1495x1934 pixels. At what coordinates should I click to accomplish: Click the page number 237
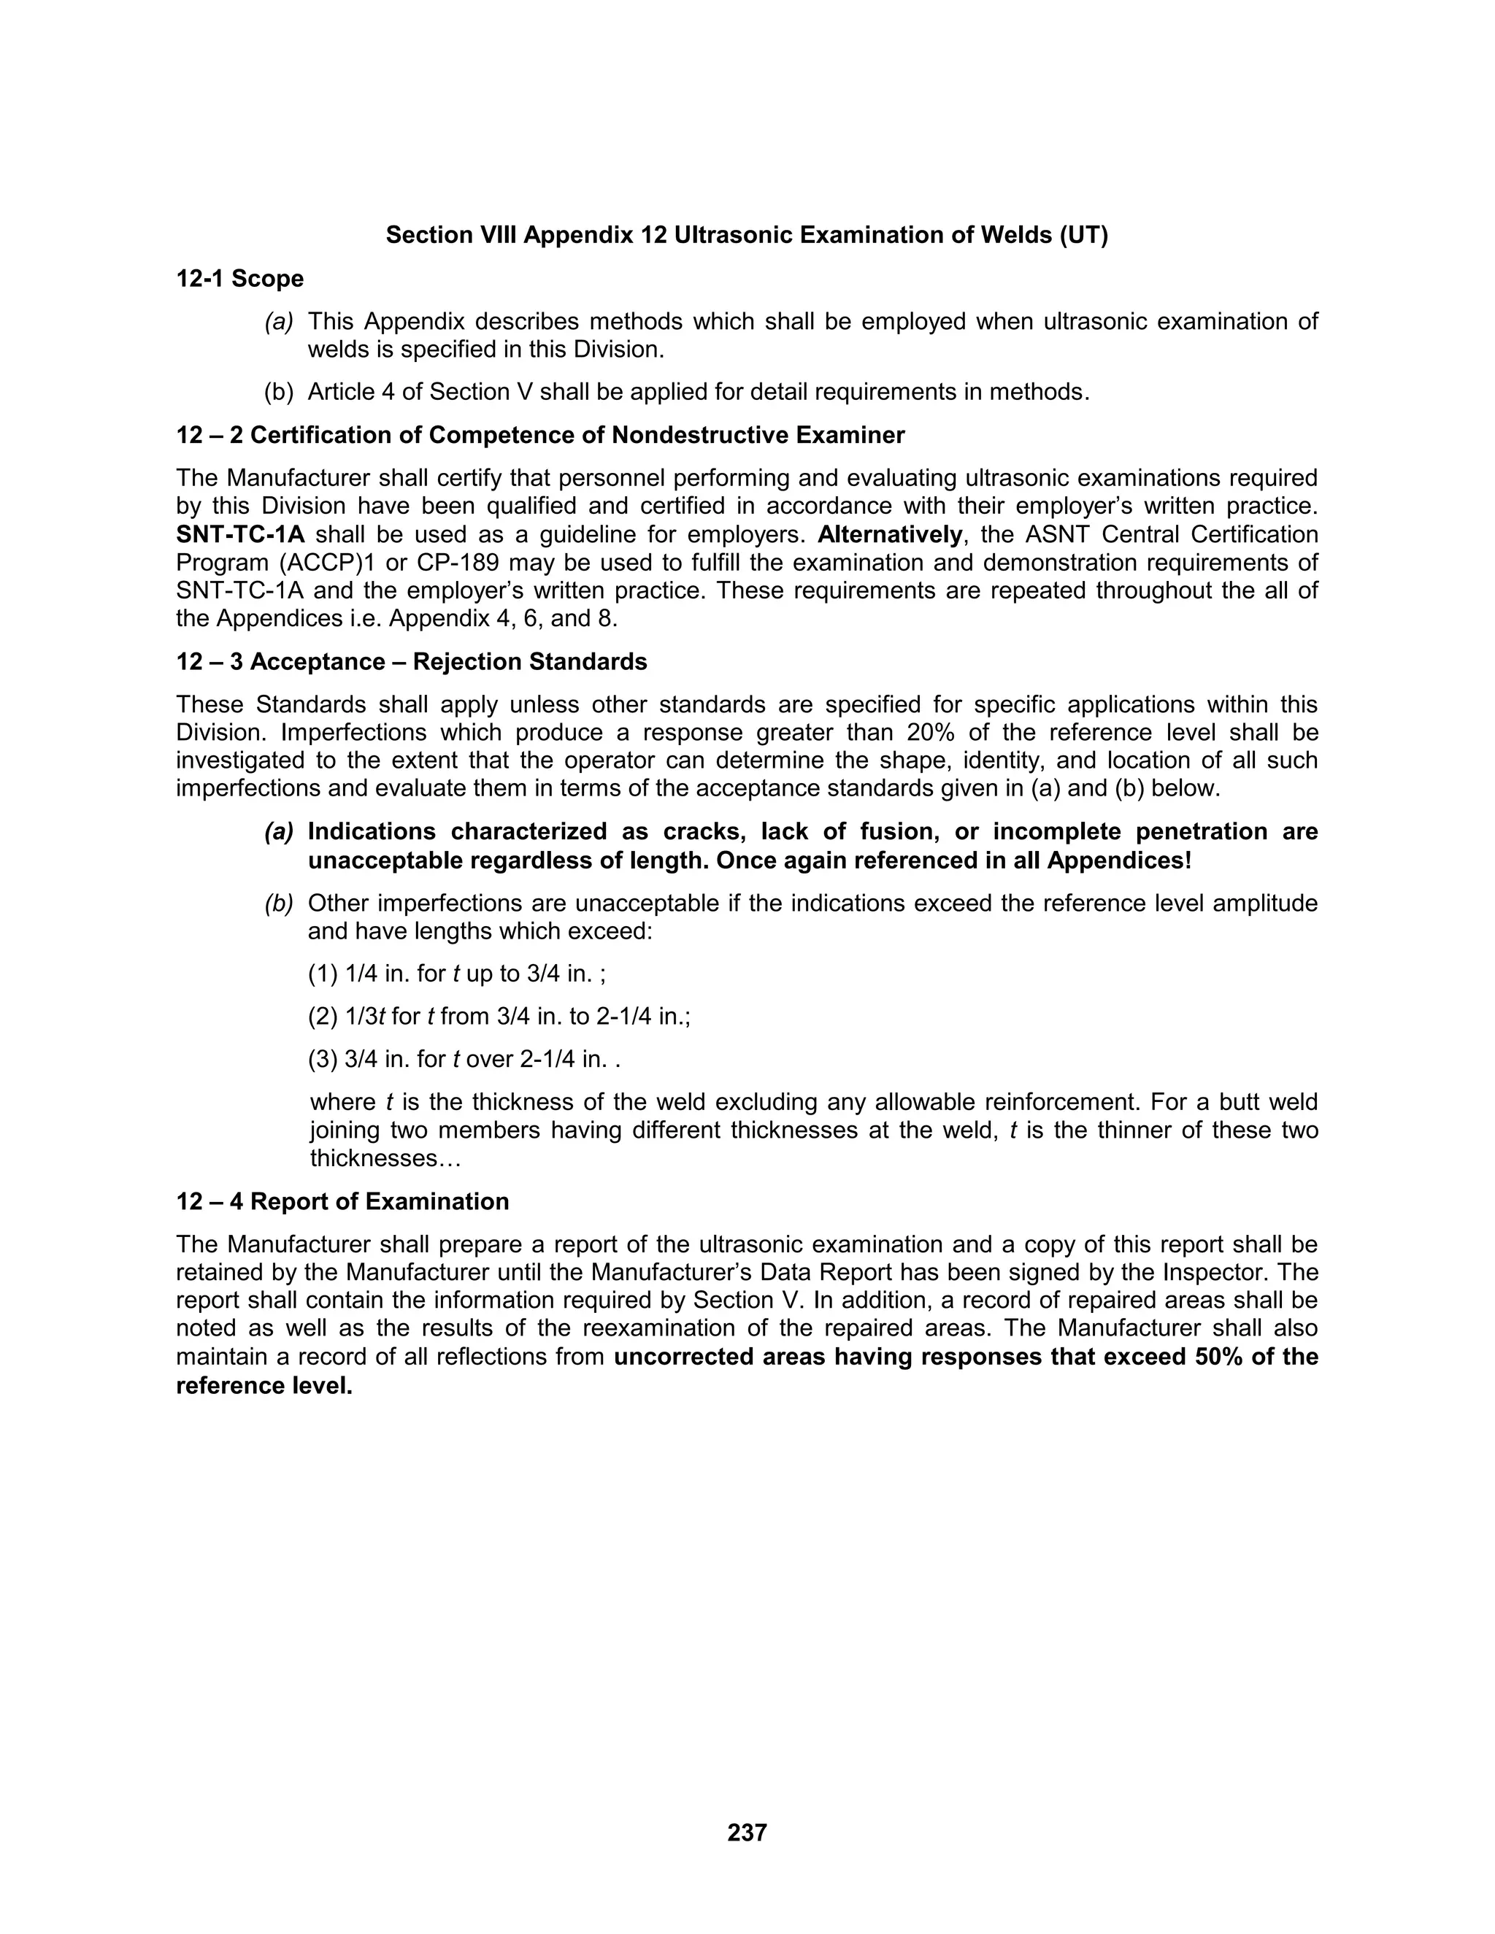(x=747, y=1832)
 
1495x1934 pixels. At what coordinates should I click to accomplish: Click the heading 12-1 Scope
(x=240, y=279)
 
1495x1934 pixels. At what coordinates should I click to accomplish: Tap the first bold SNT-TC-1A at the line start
(x=240, y=535)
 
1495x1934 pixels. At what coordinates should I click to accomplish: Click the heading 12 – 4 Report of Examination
(x=343, y=1202)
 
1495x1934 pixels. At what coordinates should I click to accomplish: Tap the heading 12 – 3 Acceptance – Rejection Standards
(x=412, y=663)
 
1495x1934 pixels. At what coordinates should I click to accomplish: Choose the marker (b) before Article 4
(x=279, y=393)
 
